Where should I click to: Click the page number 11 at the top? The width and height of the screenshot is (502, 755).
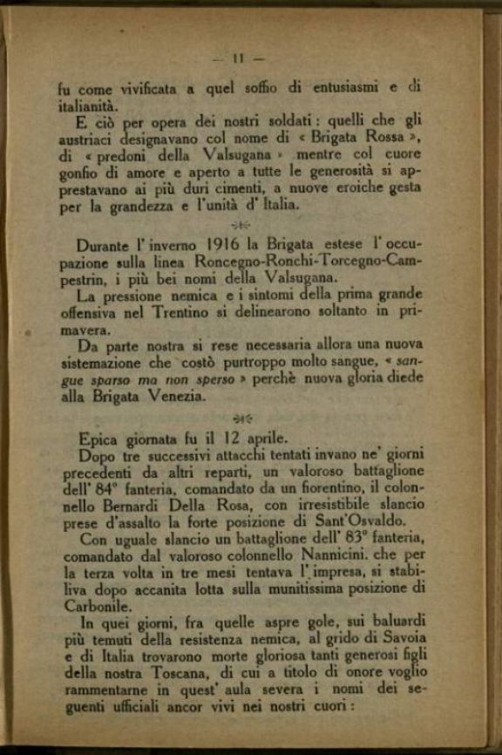coord(238,58)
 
